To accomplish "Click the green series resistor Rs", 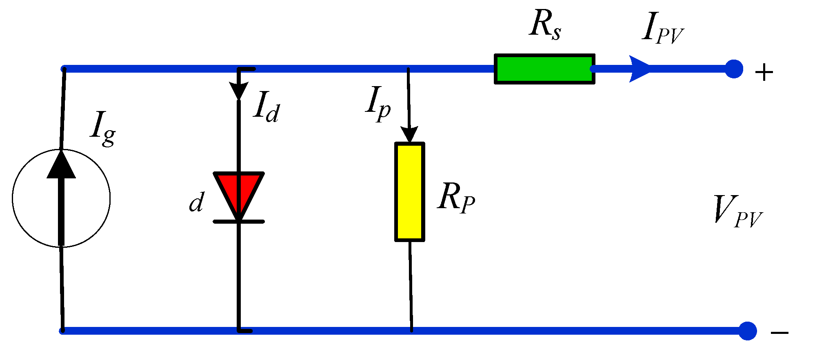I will (x=544, y=69).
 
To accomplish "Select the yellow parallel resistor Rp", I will (x=409, y=192).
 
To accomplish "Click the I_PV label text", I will (x=662, y=29).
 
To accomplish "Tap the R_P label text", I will (x=456, y=198).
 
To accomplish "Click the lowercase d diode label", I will (x=197, y=203).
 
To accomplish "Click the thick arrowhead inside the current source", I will (x=61, y=165).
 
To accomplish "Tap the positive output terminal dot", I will (x=734, y=69).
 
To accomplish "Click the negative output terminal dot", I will (x=747, y=331).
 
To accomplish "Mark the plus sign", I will (x=764, y=73).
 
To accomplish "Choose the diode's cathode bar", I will (x=239, y=222).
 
